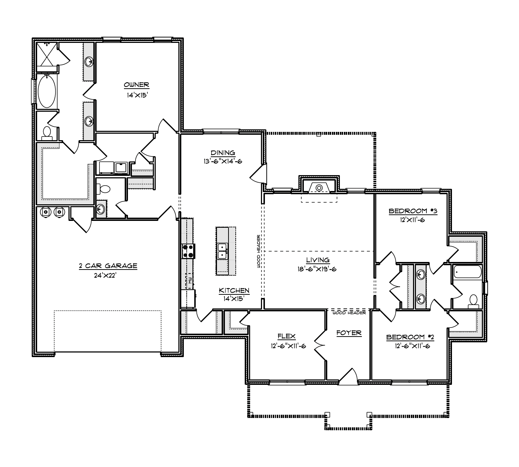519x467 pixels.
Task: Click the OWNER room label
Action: (x=136, y=85)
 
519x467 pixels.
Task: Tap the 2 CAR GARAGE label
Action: (x=108, y=266)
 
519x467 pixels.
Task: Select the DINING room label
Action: (x=223, y=153)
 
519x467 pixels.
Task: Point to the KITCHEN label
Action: (x=234, y=290)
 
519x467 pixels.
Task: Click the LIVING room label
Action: (x=318, y=260)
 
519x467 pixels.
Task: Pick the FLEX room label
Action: (x=287, y=336)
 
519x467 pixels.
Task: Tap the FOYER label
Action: (x=349, y=333)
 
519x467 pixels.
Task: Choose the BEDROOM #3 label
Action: (x=413, y=211)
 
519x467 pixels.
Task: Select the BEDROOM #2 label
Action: (x=410, y=337)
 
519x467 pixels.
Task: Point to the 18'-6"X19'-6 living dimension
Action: (x=317, y=269)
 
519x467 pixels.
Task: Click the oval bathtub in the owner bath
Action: (x=46, y=91)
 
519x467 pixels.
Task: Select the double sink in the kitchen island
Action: (x=223, y=251)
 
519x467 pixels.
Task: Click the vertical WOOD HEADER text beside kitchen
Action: (x=258, y=251)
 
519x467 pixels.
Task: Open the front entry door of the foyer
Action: (x=349, y=377)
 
